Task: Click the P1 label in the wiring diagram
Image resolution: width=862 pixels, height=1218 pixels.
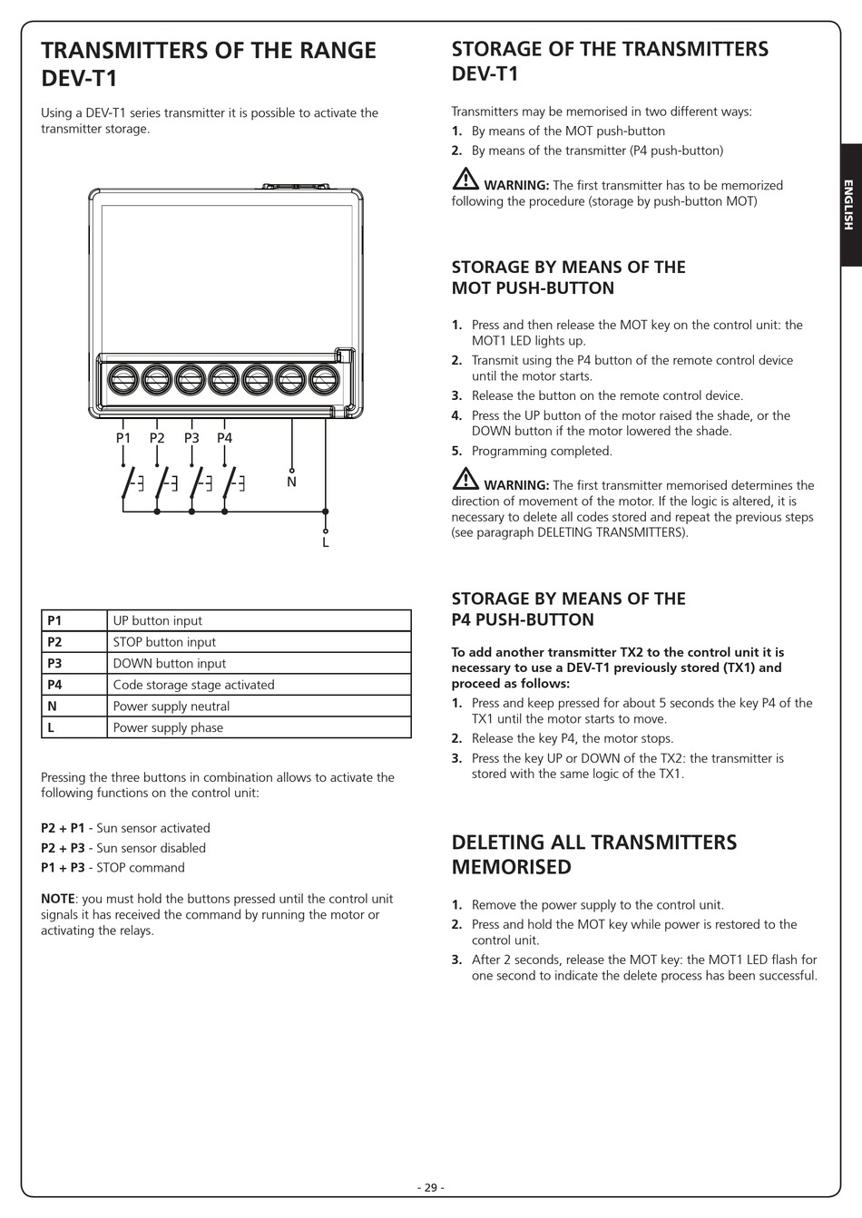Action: (123, 438)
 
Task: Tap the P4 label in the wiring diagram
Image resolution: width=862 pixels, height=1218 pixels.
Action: (224, 438)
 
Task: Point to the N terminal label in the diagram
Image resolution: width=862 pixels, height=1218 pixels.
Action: (291, 482)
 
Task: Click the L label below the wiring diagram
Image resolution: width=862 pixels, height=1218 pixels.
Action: (325, 542)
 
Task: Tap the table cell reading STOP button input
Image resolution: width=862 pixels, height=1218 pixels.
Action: (164, 642)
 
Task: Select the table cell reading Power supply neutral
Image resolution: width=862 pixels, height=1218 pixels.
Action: (171, 706)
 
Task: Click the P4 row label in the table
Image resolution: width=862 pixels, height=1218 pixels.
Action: (54, 685)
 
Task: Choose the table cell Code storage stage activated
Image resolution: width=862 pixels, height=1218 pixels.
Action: (193, 685)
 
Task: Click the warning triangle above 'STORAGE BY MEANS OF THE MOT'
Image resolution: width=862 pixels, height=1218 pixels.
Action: (465, 179)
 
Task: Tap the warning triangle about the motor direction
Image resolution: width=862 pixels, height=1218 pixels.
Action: (465, 479)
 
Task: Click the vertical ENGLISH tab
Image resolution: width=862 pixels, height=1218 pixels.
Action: (849, 205)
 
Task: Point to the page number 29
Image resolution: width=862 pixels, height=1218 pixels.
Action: (430, 1188)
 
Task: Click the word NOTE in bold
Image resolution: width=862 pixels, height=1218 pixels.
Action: (59, 899)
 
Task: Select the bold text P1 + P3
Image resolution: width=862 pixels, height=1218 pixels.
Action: (63, 868)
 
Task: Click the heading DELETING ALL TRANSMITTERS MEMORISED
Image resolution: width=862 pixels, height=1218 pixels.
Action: (593, 854)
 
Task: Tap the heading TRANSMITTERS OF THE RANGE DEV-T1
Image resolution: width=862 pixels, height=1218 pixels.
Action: (208, 63)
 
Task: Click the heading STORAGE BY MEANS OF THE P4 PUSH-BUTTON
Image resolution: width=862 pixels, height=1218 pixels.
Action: (568, 609)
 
